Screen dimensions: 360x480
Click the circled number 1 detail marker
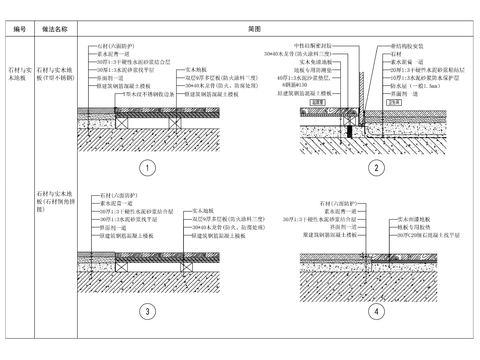click(146, 167)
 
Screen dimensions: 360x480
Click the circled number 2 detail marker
click(375, 167)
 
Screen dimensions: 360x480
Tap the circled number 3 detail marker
click(146, 311)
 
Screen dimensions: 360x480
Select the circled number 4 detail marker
click(375, 311)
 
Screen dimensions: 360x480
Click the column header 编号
click(19, 29)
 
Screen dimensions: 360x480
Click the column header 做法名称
click(55, 29)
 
